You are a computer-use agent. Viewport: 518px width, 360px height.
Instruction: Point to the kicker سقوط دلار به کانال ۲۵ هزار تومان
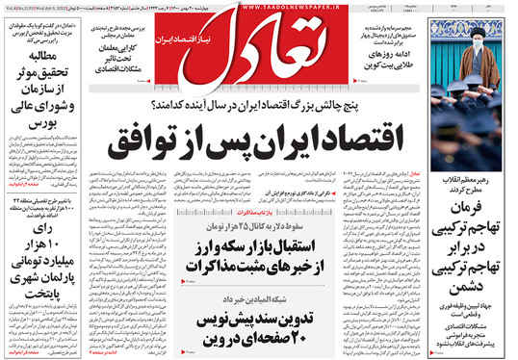(294, 225)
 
